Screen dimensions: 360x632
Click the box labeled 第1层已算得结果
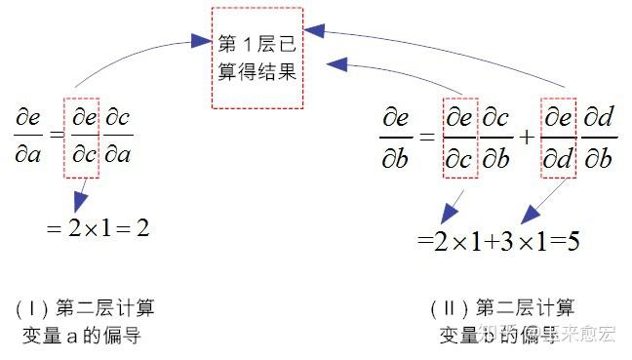(257, 58)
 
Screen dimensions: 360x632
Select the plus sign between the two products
(528, 137)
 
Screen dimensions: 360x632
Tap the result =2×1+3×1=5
(497, 240)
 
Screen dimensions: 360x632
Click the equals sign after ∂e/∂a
(57, 138)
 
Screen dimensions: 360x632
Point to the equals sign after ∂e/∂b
(425, 137)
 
